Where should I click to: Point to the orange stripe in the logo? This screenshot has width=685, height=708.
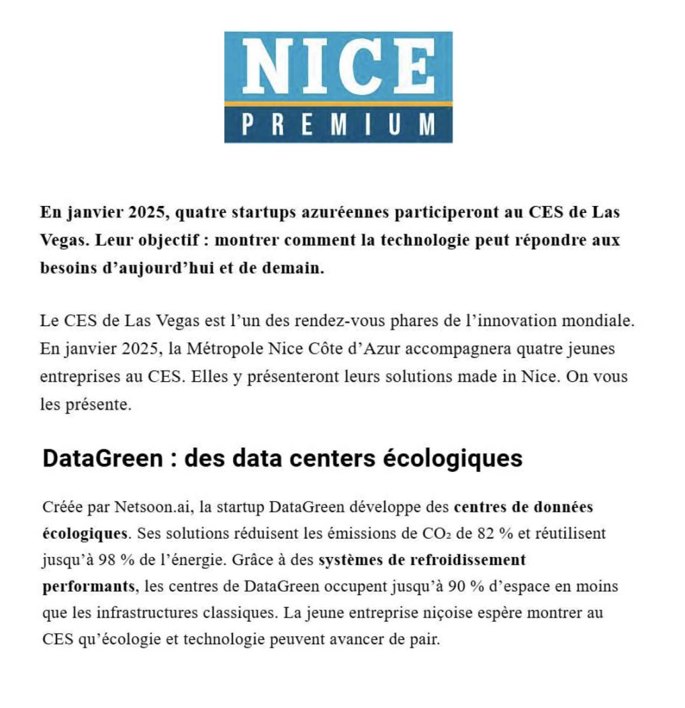coord(338,104)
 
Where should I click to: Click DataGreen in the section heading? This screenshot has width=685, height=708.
coord(102,458)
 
